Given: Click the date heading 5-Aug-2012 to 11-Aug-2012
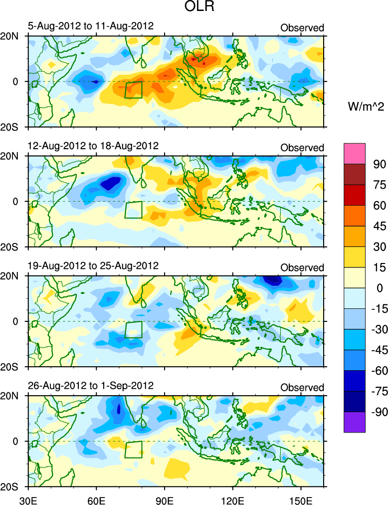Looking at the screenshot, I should tap(91, 26).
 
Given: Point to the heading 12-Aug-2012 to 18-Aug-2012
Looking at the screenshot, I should tap(93, 146).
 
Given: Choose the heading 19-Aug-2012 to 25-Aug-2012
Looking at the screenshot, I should tap(93, 265).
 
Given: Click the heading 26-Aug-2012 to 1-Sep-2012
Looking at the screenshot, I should tap(91, 385).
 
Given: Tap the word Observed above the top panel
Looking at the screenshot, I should tap(302, 28).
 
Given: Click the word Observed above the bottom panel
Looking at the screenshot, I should tap(302, 388).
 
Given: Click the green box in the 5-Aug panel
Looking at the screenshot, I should tap(133, 90).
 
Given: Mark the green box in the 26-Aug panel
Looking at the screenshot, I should tap(133, 449).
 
